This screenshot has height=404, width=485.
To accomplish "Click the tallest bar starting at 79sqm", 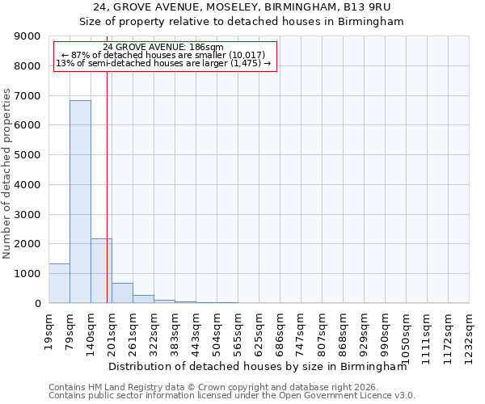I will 80,202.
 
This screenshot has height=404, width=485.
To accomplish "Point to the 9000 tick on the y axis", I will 28,36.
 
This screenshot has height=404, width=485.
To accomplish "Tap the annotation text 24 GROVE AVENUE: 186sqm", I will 164,48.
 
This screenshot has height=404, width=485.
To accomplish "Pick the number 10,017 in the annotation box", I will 235,55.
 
